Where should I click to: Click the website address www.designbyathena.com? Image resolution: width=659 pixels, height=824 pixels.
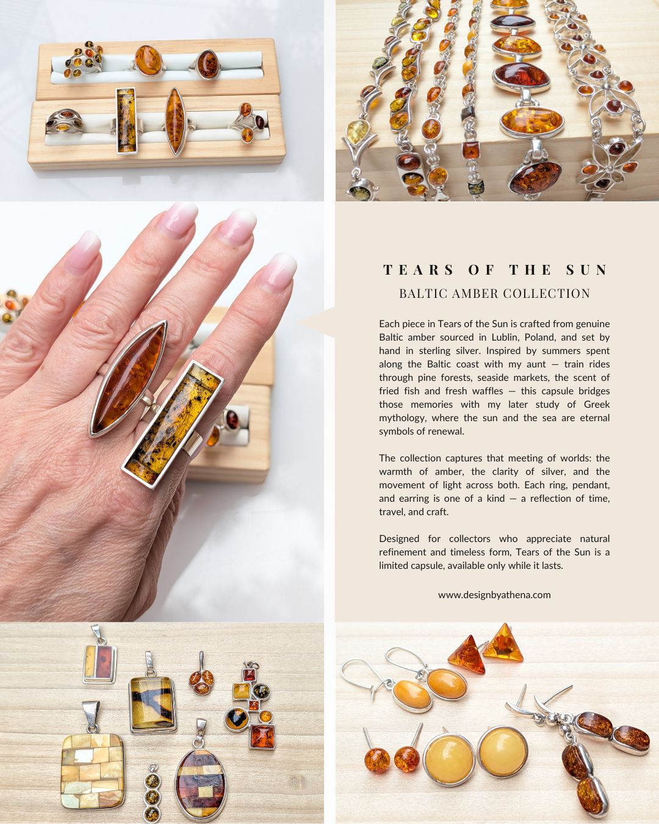pos(494,595)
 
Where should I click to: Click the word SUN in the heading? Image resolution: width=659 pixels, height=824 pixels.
pos(587,270)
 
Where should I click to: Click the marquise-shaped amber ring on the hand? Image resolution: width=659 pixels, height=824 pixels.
pos(129,378)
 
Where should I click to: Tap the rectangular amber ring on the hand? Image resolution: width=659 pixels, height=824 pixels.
pos(173,424)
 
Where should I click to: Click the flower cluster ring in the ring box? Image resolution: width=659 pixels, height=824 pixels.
pos(84,59)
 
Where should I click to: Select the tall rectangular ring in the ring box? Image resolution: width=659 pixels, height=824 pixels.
pos(126,120)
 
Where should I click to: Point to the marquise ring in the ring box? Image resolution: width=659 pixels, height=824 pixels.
pos(175,121)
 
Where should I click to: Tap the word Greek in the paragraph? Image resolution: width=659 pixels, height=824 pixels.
pos(597,404)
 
